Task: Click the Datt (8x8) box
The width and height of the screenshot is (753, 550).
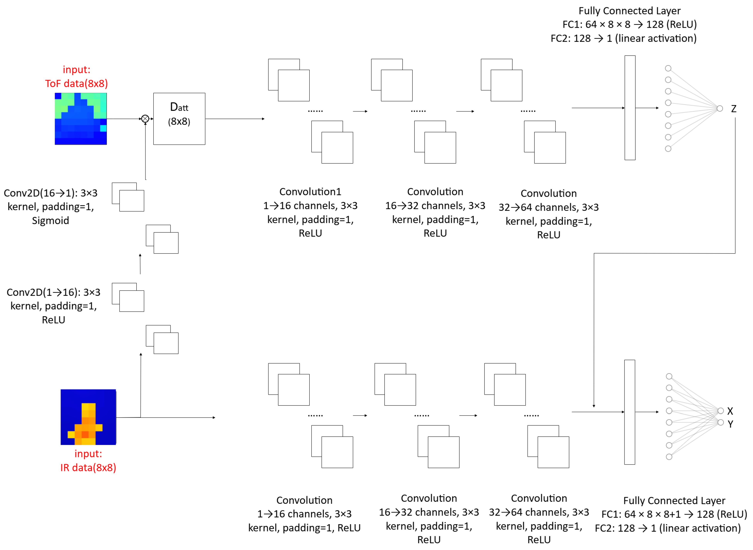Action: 179,119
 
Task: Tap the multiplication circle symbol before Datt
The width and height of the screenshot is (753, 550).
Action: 145,119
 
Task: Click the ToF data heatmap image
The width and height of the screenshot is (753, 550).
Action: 80,119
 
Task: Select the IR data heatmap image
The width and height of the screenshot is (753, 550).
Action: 88,417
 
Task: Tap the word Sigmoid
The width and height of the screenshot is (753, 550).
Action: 51,220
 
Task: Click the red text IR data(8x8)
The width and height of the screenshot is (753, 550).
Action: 88,468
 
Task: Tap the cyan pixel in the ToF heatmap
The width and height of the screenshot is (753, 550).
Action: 103,128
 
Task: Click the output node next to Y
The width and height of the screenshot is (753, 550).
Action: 720,422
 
